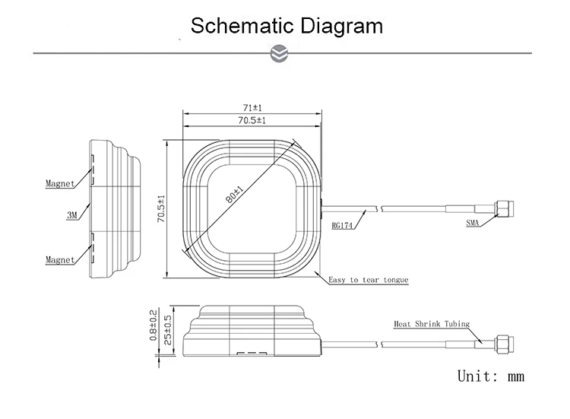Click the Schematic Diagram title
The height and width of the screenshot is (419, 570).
287,26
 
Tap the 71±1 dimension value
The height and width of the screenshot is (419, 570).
252,108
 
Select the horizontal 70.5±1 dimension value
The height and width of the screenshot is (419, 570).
252,120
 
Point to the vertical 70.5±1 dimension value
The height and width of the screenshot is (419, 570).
161,209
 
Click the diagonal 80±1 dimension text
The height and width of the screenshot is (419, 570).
234,195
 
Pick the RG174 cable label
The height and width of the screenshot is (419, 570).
342,226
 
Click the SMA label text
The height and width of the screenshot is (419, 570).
473,223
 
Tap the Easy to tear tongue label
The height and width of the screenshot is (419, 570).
369,280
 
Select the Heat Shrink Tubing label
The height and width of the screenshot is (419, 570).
432,324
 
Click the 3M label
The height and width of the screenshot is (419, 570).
72,215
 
